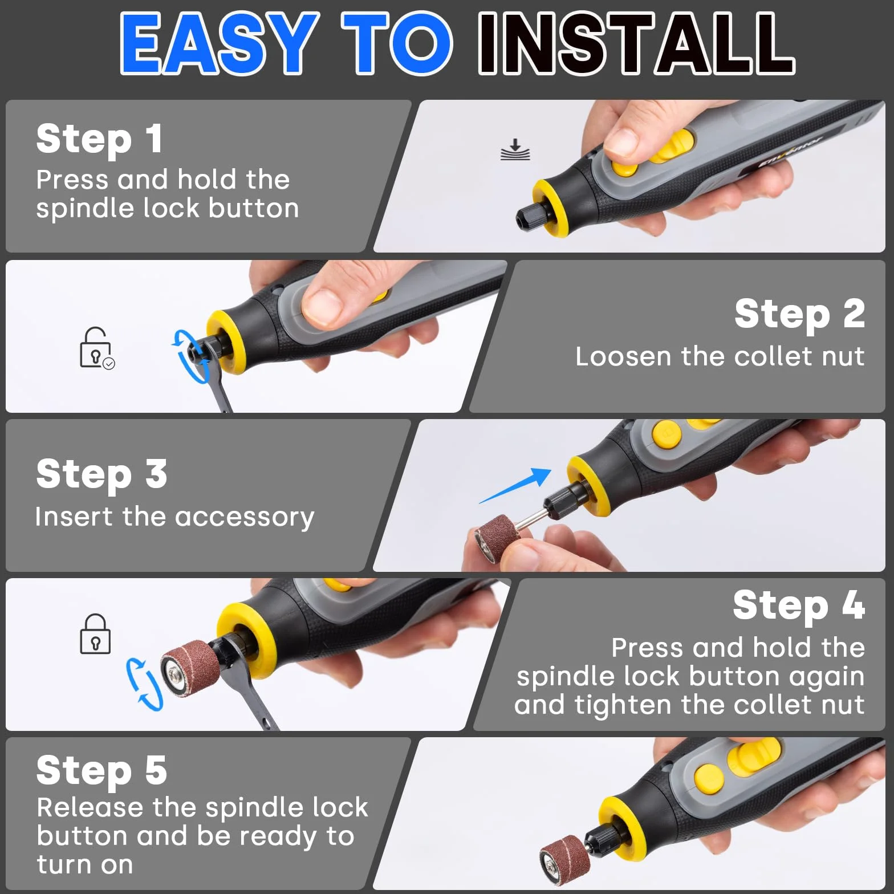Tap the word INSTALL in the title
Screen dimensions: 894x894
tap(637, 43)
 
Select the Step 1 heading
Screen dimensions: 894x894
tap(99, 139)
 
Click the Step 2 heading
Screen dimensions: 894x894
tap(799, 314)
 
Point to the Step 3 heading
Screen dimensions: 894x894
tap(101, 474)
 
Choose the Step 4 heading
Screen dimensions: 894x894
tap(799, 605)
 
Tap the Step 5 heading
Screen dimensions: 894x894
tap(101, 770)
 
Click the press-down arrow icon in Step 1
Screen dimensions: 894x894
tap(515, 149)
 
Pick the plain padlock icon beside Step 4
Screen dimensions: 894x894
tap(95, 633)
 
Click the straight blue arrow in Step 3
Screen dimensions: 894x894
tap(515, 486)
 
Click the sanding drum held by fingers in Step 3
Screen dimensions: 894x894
tap(494, 540)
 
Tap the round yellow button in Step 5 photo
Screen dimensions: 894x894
tap(709, 778)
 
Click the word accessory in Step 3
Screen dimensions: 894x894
tap(245, 518)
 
